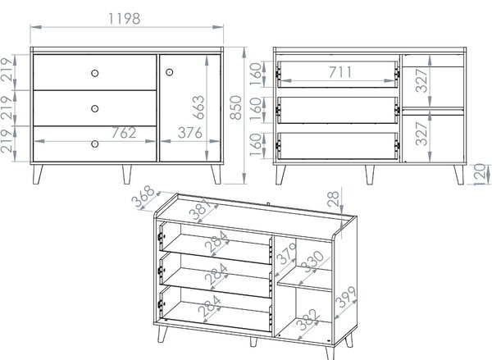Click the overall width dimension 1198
point(125,19)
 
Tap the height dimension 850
point(235,107)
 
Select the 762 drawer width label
point(124,133)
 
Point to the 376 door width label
point(190,133)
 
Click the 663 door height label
point(198,107)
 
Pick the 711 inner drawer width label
point(340,72)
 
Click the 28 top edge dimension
point(333,199)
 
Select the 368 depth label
point(143,196)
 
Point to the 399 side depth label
point(346,297)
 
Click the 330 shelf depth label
point(312,262)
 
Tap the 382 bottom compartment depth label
point(309,320)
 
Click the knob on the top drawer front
point(95,73)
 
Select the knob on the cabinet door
point(169,72)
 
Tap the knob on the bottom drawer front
point(95,144)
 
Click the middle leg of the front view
point(127,174)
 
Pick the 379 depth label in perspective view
point(286,253)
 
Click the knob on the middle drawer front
point(95,108)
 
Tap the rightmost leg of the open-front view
point(458,175)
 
